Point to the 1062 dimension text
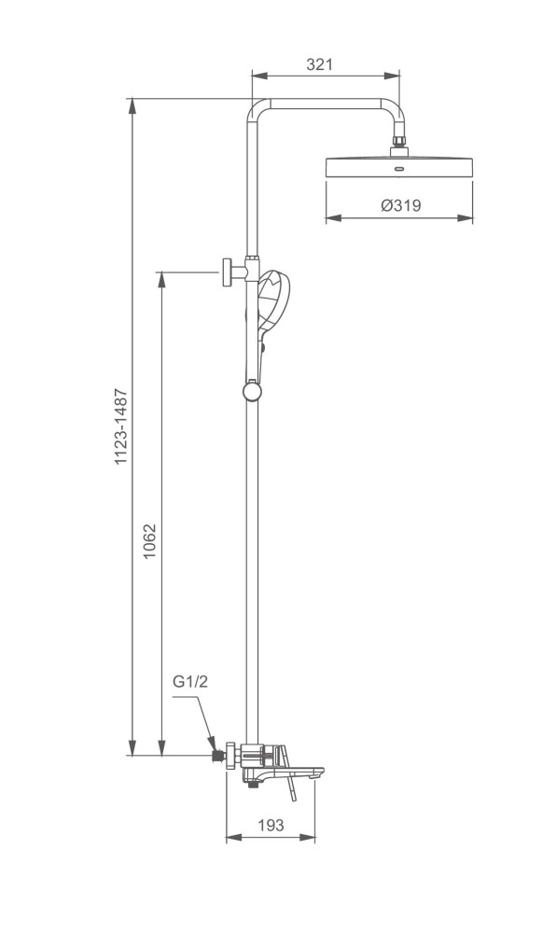coord(150,541)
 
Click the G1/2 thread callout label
coord(189,682)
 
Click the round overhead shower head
coord(399,168)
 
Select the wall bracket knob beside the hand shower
coord(227,272)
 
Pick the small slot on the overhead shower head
coord(399,170)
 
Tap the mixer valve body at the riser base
coord(254,756)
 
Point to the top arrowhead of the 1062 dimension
coord(163,277)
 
